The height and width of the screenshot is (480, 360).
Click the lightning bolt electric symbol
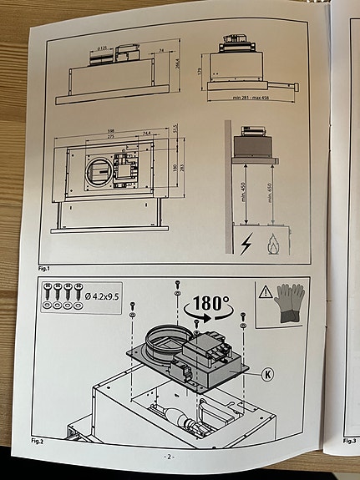click(x=246, y=245)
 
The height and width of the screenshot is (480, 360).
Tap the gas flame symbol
click(x=271, y=243)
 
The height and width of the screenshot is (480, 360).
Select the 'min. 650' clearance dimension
click(x=269, y=197)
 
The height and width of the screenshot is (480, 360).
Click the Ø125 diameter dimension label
click(x=102, y=49)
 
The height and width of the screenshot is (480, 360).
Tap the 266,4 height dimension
click(x=179, y=63)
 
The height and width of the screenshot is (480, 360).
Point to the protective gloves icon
click(x=288, y=305)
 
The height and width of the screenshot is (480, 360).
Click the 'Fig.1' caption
click(x=47, y=269)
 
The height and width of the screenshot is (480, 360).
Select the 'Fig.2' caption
click(x=37, y=439)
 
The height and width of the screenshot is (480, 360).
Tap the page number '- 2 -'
click(x=168, y=457)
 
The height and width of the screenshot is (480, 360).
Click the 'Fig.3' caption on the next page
click(x=350, y=440)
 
